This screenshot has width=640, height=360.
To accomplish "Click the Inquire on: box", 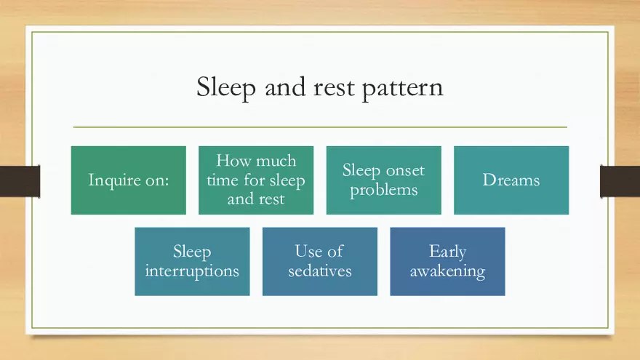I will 128,180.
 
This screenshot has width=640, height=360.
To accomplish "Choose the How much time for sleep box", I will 256,180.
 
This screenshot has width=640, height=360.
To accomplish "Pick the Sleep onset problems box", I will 383,180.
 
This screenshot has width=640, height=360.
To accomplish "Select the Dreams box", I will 511,180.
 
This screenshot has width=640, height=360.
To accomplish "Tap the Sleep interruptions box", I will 192,262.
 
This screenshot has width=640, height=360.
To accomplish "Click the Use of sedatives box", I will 319,262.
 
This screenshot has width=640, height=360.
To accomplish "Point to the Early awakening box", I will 447,262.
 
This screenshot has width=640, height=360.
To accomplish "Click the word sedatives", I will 319,271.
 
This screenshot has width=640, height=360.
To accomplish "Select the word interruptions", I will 192,271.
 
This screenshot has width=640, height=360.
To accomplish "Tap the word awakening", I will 447,272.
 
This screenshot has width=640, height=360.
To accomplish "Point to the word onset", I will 405,171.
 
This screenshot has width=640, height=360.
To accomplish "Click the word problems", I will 383,191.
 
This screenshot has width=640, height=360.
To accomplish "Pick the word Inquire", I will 113,181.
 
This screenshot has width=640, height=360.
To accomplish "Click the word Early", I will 447,252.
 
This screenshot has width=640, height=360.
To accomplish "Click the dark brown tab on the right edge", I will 620,181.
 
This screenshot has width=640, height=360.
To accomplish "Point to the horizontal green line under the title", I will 320,127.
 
